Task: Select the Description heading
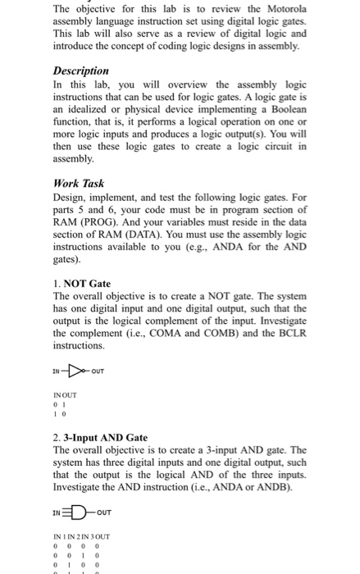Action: (x=81, y=71)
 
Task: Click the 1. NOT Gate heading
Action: (x=81, y=284)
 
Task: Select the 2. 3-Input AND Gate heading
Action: (x=99, y=438)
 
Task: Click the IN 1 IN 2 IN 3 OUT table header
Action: (x=80, y=537)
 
